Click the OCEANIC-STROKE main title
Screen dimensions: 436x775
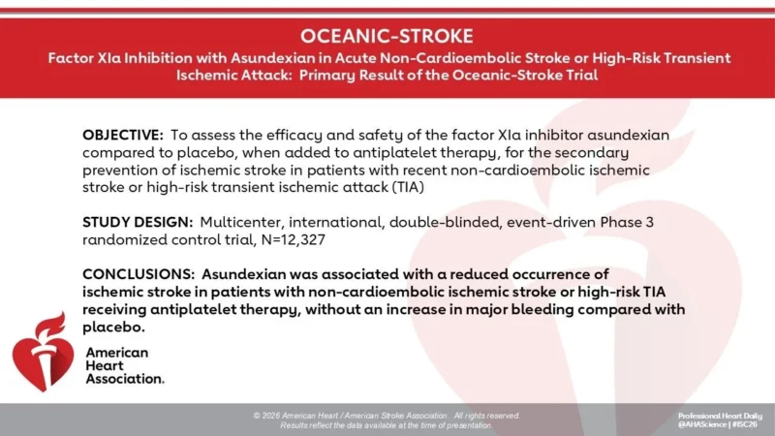tap(387, 37)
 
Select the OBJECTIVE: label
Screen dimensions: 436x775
tap(122, 135)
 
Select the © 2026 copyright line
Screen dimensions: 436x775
tap(387, 415)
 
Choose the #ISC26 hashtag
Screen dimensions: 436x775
tap(746, 424)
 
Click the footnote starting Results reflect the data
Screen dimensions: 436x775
tap(387, 425)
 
